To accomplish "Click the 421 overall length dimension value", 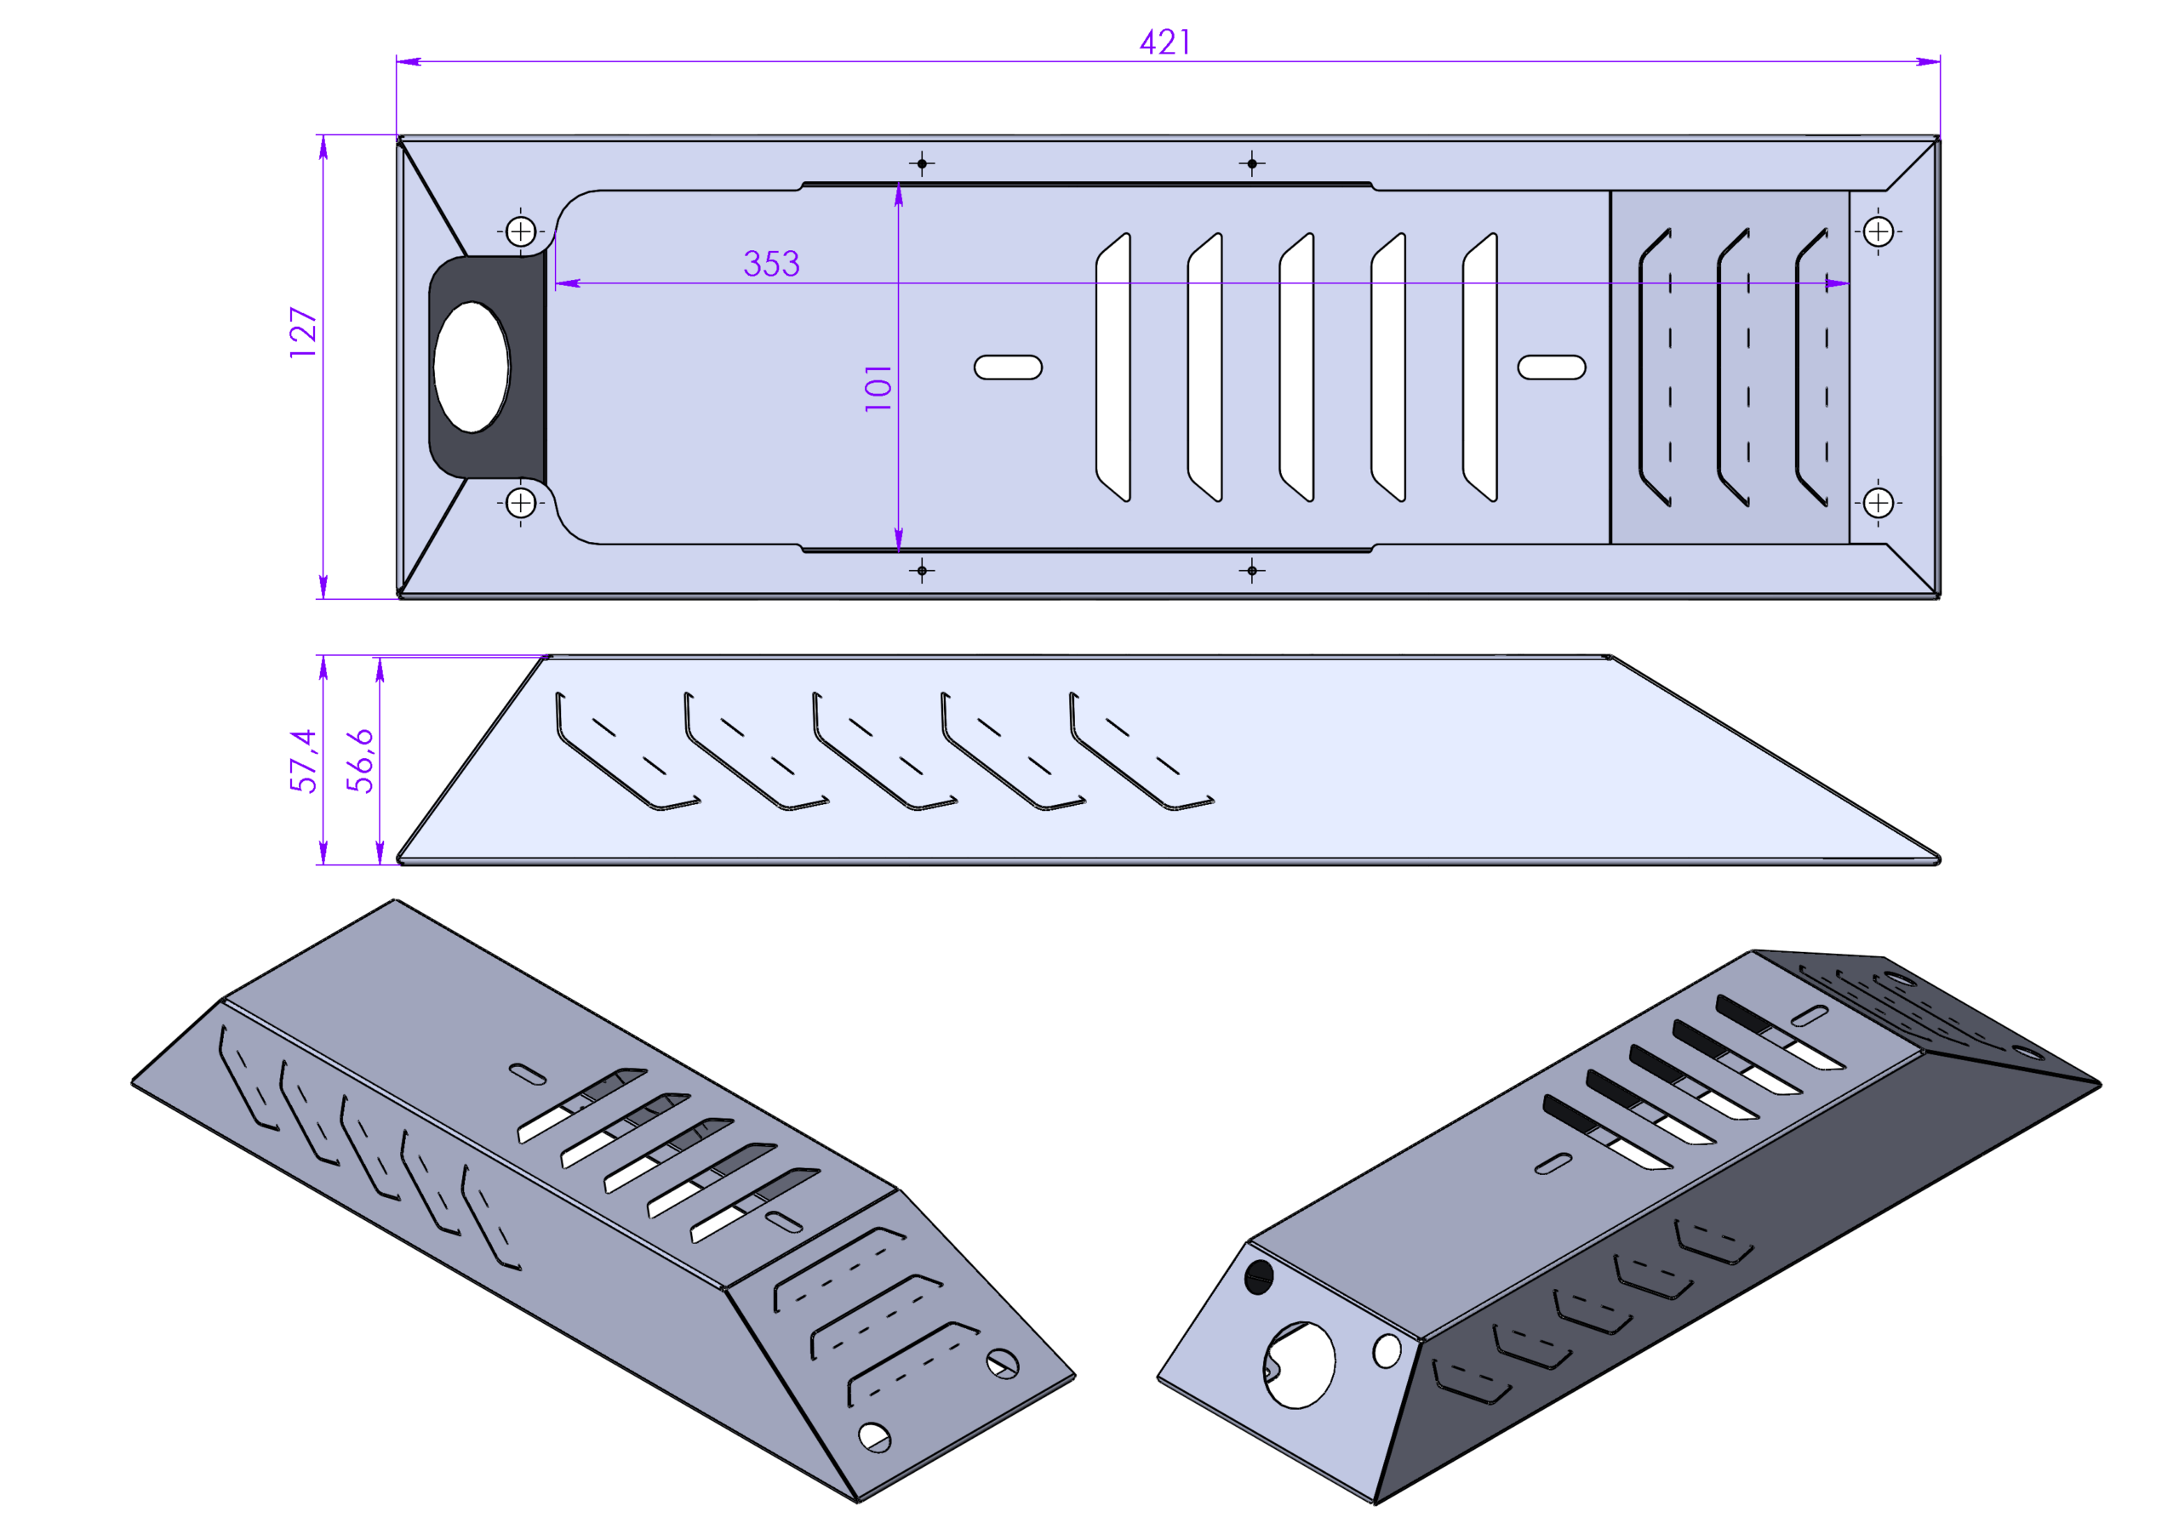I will click(x=1164, y=43).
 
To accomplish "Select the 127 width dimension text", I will click(x=303, y=331).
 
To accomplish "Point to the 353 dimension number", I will click(x=771, y=264).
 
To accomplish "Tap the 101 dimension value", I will click(x=878, y=387).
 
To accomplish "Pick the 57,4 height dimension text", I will click(x=303, y=760).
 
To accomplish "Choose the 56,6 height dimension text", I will click(x=360, y=760).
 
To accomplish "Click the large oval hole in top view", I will click(x=471, y=368).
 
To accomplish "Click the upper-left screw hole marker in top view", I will click(x=521, y=231).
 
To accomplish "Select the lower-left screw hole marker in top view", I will click(x=521, y=503).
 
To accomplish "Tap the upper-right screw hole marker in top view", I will click(x=1879, y=231).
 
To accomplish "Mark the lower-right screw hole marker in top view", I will click(x=1879, y=503).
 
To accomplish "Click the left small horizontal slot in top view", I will click(x=1008, y=368).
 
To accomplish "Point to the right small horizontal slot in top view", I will click(x=1552, y=368).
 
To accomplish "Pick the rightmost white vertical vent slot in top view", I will click(x=1481, y=368).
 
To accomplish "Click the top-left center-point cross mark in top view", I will click(x=922, y=163).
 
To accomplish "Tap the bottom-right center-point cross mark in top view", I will click(x=1252, y=571).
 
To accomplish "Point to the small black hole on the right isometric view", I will click(x=1258, y=1276).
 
